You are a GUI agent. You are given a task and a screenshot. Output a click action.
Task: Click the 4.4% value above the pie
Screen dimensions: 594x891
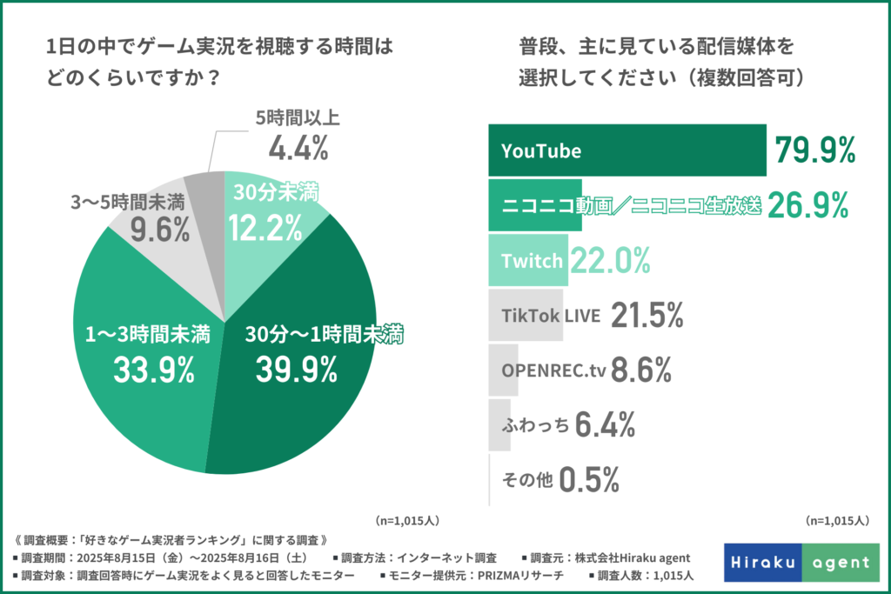[298, 148]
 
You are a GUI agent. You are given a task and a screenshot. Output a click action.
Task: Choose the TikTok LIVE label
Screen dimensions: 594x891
[552, 316]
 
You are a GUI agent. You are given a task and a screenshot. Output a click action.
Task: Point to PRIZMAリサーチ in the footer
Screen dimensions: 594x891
[515, 576]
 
